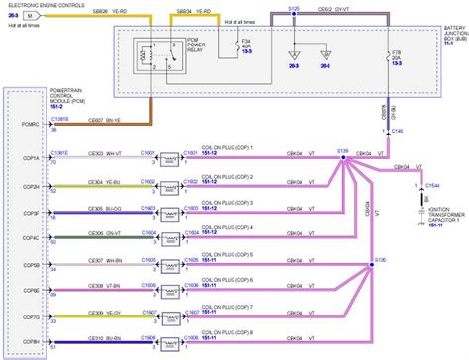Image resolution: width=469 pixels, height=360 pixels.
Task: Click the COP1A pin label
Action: click(x=31, y=158)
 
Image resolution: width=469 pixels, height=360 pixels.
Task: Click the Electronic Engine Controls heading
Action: click(x=45, y=7)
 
